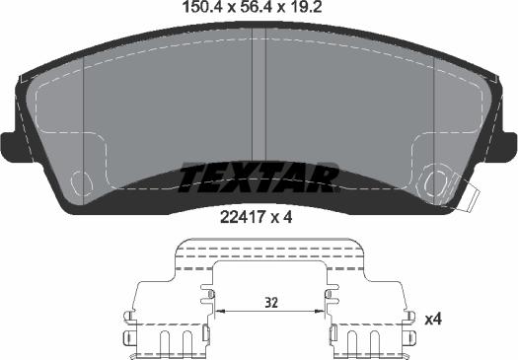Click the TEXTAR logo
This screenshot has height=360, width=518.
point(259,179)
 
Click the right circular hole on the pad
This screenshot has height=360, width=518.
point(432,181)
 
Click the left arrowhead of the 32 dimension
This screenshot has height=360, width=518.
point(219,312)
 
